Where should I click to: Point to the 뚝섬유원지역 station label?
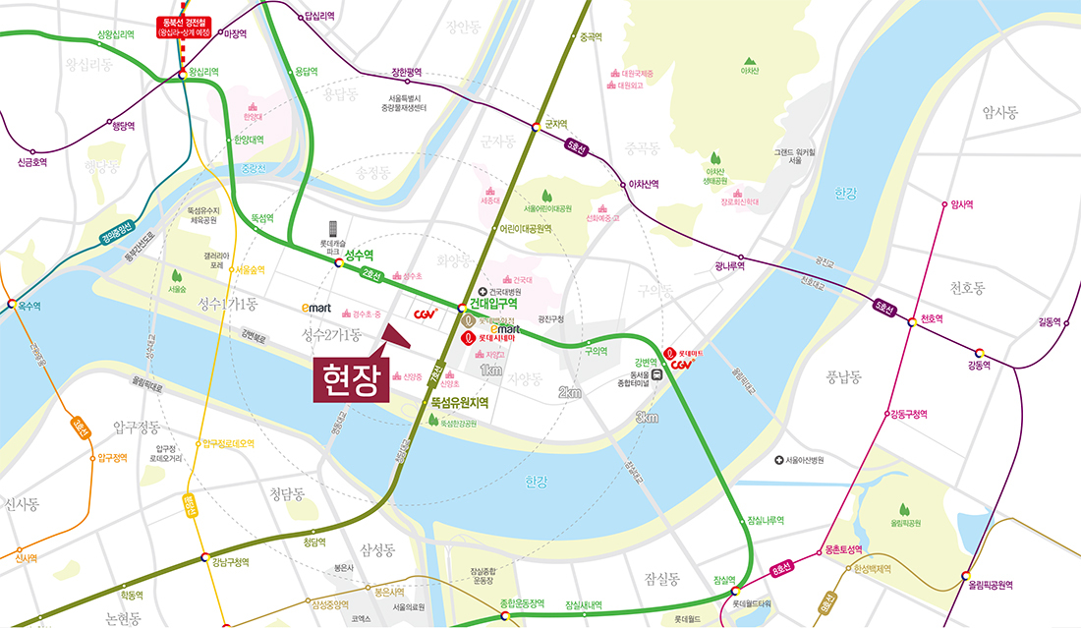(459, 403)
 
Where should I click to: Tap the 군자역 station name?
(555, 125)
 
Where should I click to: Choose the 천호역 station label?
(932, 319)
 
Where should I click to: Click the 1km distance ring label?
(491, 370)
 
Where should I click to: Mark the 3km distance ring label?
(646, 418)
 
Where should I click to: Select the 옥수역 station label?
(29, 307)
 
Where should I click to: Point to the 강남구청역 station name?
(231, 562)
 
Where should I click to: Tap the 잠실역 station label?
(724, 580)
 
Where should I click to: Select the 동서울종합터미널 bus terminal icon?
(654, 372)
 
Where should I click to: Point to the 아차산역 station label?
(644, 184)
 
